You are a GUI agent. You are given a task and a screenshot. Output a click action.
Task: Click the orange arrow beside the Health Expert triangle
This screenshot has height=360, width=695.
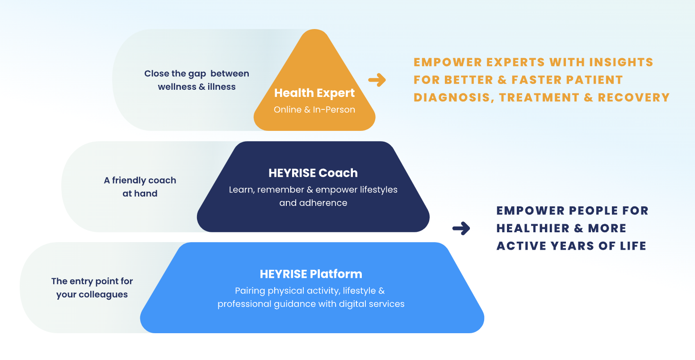click(x=377, y=80)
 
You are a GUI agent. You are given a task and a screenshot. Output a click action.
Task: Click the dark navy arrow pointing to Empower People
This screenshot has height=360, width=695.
click(x=461, y=228)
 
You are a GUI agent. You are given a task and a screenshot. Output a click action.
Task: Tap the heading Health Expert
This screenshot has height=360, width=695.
click(x=314, y=93)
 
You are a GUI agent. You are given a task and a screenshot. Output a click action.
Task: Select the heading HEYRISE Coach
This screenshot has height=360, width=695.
click(x=313, y=173)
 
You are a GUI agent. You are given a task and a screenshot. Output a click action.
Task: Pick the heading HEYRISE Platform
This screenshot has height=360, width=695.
click(x=311, y=274)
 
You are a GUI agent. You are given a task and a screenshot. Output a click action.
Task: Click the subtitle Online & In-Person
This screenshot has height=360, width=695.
click(x=314, y=109)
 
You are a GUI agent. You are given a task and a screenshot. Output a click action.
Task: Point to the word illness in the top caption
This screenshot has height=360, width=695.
click(x=222, y=87)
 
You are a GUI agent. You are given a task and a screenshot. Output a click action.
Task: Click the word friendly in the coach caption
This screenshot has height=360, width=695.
click(x=129, y=180)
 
